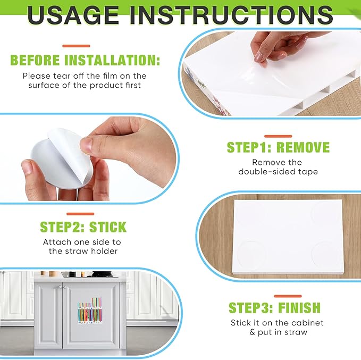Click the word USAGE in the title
pos(73,15)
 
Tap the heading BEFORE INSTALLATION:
pos(85,60)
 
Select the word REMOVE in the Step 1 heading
pos(303,147)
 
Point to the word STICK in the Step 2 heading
pos(108,227)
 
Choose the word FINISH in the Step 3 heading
pos(299,307)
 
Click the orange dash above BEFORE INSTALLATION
pos(76,46)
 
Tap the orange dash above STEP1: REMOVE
pos(278,136)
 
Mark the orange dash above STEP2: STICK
pos(80,214)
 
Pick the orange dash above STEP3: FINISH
pos(288,296)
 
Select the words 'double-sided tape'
pos(278,172)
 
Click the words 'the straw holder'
pos(83,251)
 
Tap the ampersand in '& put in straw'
pos(253,332)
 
